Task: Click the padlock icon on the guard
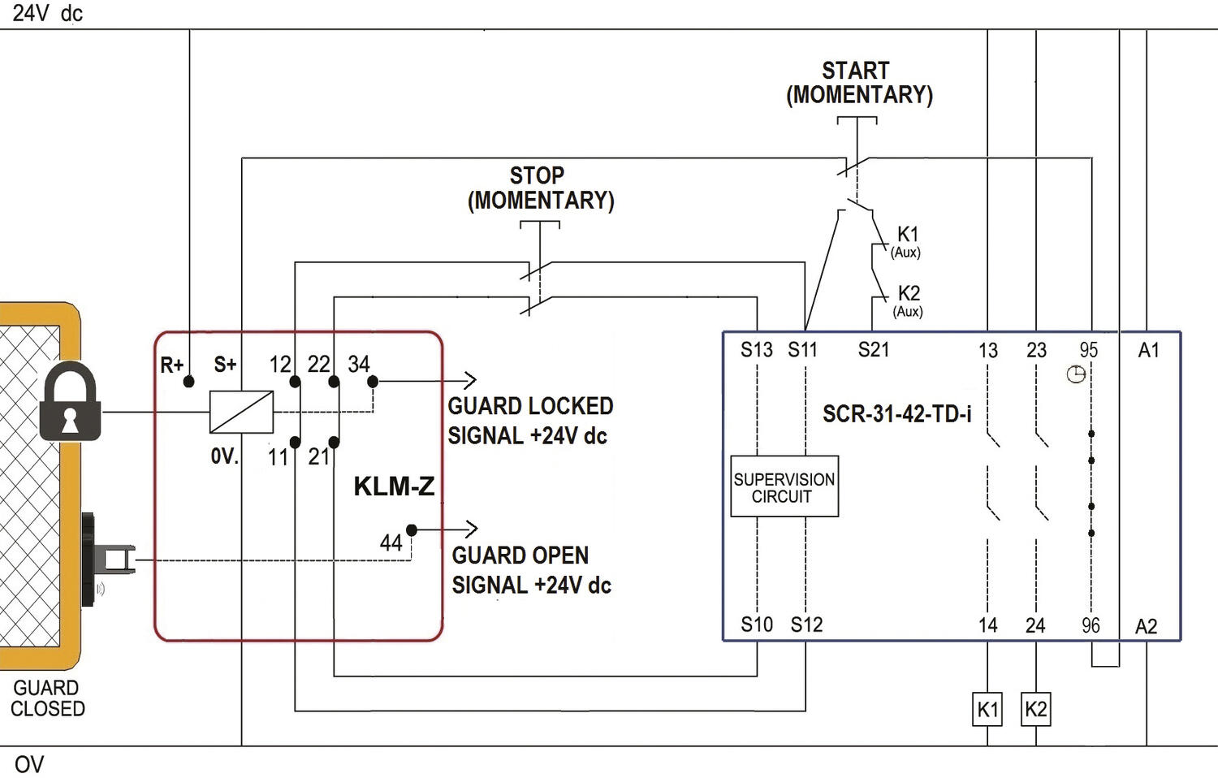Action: pyautogui.click(x=70, y=401)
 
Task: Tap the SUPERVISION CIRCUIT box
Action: pyautogui.click(x=784, y=486)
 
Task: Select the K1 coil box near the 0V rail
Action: pyautogui.click(x=987, y=709)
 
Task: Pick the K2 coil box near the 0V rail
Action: pyautogui.click(x=1036, y=709)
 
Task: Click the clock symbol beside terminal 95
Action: pyautogui.click(x=1076, y=374)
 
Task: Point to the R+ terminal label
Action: pyautogui.click(x=172, y=365)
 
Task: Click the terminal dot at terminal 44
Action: pyautogui.click(x=412, y=529)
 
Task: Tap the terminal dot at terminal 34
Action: pyautogui.click(x=373, y=382)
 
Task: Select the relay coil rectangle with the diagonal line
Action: pyautogui.click(x=241, y=412)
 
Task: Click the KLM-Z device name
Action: pyautogui.click(x=394, y=486)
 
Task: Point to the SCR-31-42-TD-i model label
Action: pyautogui.click(x=896, y=414)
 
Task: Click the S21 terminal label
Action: pyautogui.click(x=874, y=349)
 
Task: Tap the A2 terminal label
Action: pyautogui.click(x=1147, y=627)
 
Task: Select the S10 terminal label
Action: pyautogui.click(x=756, y=625)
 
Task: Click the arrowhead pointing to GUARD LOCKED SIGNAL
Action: pyautogui.click(x=471, y=380)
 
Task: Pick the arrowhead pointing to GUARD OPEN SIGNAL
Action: pyautogui.click(x=472, y=529)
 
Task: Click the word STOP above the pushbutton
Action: pyautogui.click(x=537, y=175)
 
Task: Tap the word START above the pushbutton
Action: pyautogui.click(x=855, y=71)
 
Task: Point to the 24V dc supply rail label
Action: pyautogui.click(x=48, y=13)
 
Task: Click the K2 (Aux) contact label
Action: pyautogui.click(x=908, y=300)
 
